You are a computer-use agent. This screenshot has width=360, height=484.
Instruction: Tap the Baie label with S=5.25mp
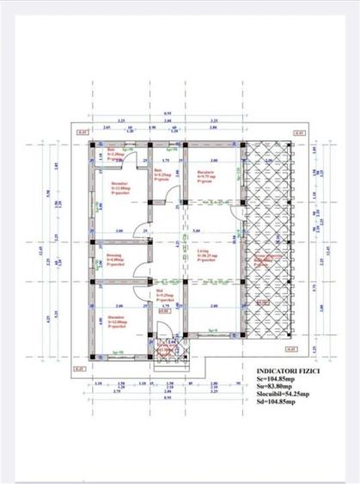161,176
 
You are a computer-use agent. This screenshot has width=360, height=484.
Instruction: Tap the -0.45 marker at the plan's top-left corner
82,134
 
